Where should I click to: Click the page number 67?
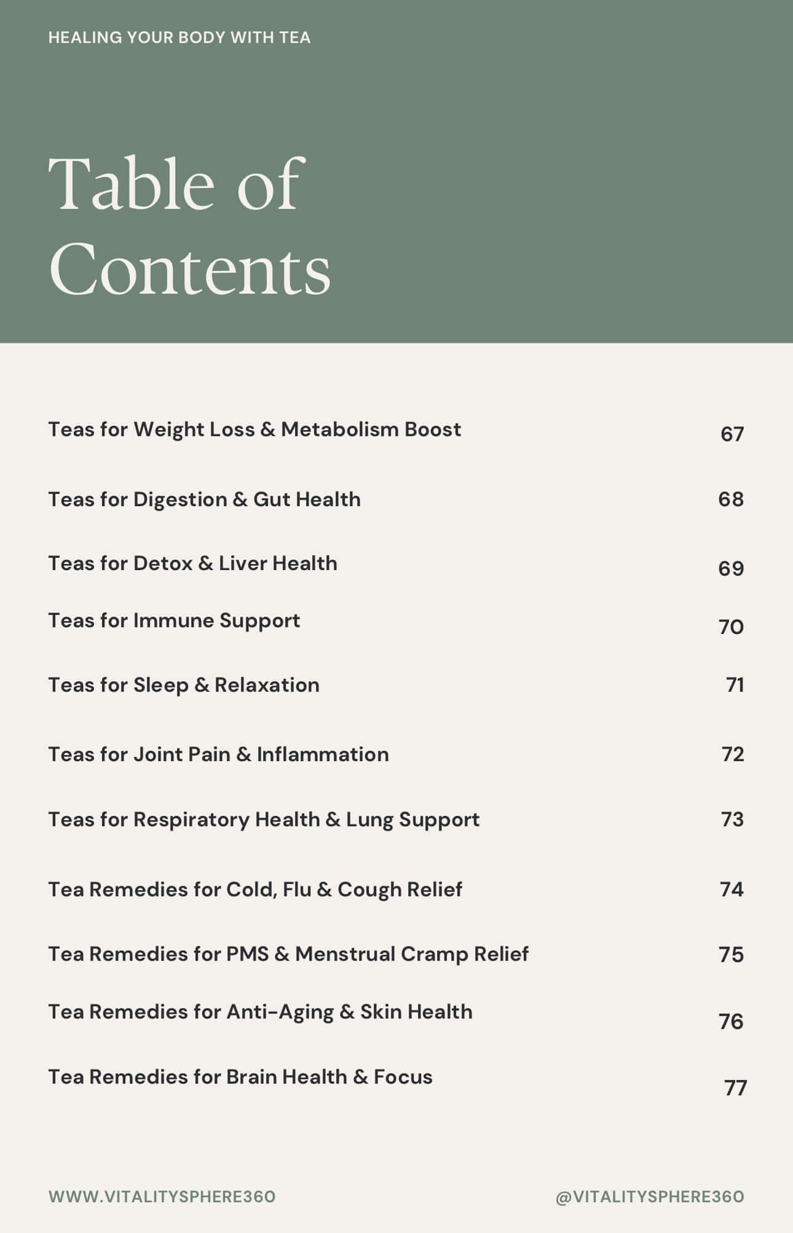click(x=732, y=434)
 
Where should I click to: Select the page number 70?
click(x=731, y=627)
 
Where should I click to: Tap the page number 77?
click(x=735, y=1088)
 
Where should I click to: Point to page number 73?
click(x=732, y=820)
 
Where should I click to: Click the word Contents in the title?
click(x=190, y=269)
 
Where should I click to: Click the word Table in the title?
click(x=131, y=184)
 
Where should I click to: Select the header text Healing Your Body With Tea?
click(x=180, y=37)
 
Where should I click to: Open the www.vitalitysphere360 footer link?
click(x=162, y=1197)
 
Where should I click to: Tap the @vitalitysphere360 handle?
click(x=649, y=1197)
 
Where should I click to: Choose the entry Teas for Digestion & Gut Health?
click(x=204, y=499)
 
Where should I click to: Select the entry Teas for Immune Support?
click(x=174, y=620)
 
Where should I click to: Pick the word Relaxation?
click(x=267, y=685)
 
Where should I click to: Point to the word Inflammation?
click(x=323, y=754)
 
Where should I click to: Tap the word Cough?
click(x=366, y=890)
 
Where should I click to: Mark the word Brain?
click(x=251, y=1077)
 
